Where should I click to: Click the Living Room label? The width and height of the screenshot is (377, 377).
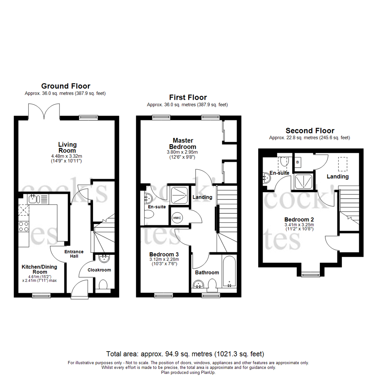68,147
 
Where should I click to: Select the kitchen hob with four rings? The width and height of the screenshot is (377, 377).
23,227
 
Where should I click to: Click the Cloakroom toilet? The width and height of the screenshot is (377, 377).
103,285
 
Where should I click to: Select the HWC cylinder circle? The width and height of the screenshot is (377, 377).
176,217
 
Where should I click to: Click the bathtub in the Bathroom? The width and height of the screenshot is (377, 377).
229,271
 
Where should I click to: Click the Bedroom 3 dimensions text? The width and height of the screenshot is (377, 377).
164,261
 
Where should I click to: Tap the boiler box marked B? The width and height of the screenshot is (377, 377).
298,162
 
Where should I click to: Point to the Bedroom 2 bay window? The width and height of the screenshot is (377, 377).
310,275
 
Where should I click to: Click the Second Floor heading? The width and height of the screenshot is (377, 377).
310,131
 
